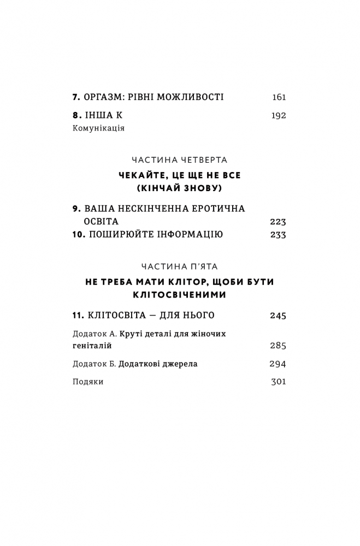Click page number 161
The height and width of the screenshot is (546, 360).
tap(279, 98)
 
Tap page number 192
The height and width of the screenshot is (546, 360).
tap(279, 115)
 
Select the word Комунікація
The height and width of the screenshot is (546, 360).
tap(98, 129)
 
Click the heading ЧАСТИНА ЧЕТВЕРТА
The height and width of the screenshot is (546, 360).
tap(180, 160)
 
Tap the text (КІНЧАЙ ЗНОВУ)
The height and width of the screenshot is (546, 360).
tap(180, 188)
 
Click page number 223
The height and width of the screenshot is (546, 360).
tap(278, 222)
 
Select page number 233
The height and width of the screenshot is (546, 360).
tap(278, 235)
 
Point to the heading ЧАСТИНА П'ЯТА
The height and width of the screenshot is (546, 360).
tap(180, 266)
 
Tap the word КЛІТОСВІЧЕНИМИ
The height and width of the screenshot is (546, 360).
tap(180, 295)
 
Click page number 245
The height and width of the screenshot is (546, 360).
tap(278, 316)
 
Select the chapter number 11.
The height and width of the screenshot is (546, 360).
tap(78, 316)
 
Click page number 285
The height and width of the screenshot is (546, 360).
tap(278, 346)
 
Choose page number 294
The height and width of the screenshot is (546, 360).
tap(278, 364)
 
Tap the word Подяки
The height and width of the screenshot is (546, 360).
tap(87, 382)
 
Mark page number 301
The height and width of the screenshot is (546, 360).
tap(279, 382)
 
